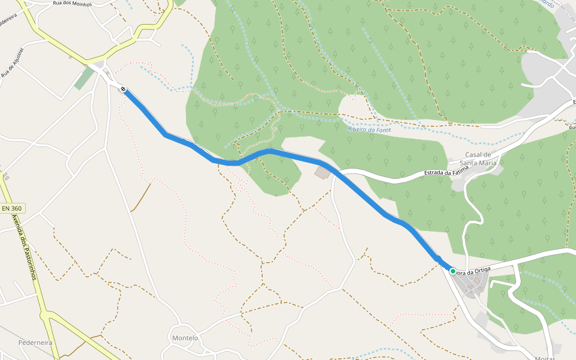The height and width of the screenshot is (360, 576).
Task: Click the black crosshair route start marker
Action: pos(123,89)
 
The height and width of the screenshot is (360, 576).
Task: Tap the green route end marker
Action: pos(453,271)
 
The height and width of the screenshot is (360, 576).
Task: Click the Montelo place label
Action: pos(185,338)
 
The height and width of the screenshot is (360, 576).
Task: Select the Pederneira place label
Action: pos(35,343)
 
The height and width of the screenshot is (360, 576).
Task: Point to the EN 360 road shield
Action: pos(12,208)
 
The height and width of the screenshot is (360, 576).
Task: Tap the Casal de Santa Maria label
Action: pos(478,158)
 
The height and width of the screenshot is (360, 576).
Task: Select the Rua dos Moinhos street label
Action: pos(73,4)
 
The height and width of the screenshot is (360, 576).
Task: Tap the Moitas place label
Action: pos(545,358)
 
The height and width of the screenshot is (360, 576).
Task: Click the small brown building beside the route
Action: pos(322,173)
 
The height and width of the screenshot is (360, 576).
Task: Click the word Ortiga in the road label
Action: pos(479,271)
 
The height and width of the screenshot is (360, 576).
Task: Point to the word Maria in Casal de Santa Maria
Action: pos(487,163)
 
